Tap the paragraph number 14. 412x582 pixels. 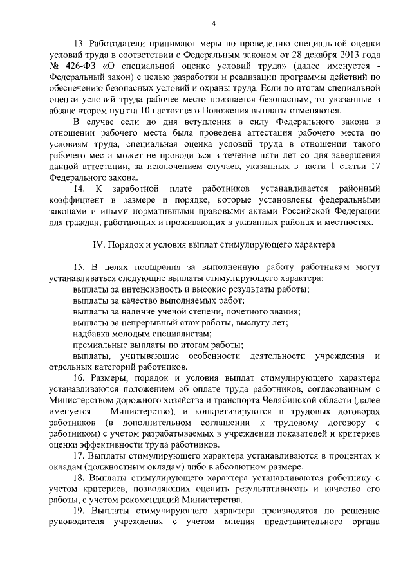click(x=79, y=188)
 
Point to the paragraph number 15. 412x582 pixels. click(x=79, y=266)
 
